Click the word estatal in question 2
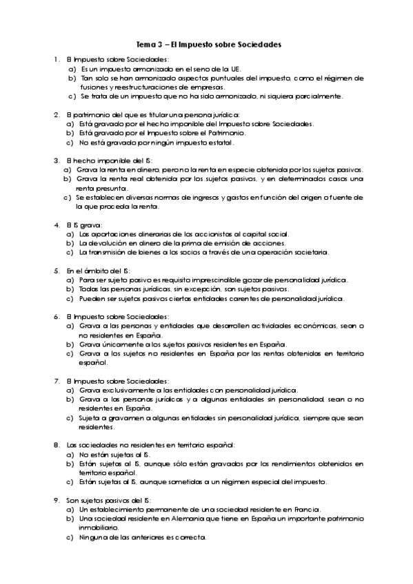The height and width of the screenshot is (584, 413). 220,143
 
